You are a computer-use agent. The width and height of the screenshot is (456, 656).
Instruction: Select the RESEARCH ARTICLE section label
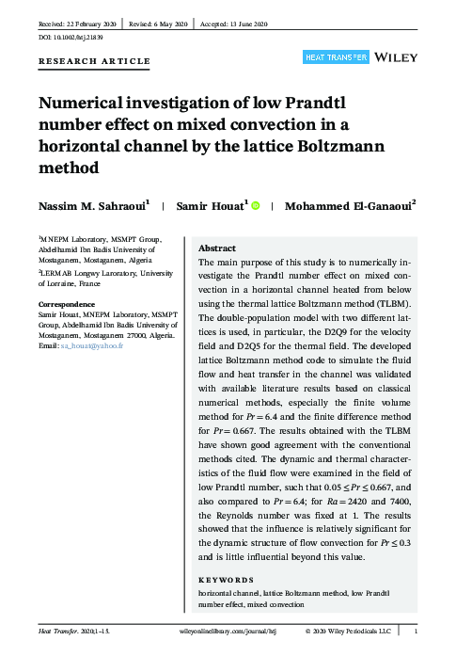click(93, 61)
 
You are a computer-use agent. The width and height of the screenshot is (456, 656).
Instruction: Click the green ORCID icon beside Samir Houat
click(255, 203)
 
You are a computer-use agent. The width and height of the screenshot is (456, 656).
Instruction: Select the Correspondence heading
click(67, 305)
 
